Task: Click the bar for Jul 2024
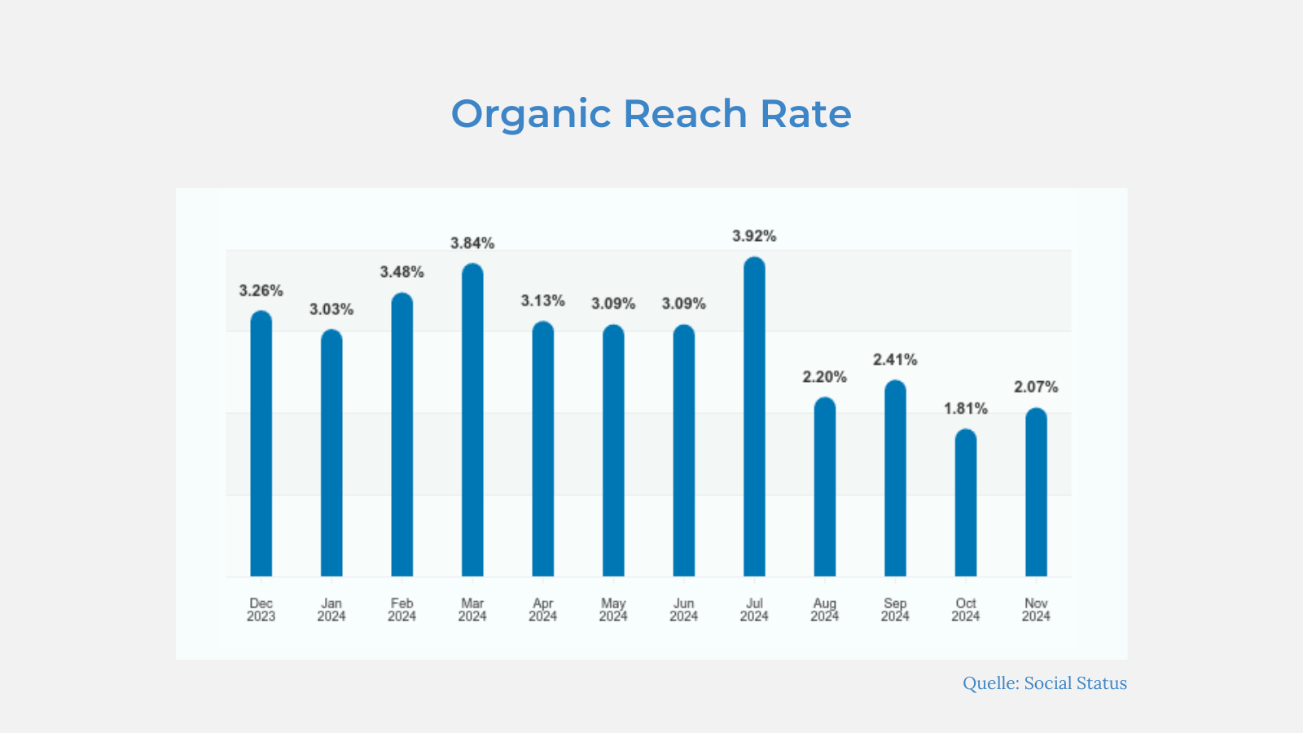click(754, 416)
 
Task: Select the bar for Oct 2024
click(966, 503)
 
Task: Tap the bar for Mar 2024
click(472, 420)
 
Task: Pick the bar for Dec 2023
click(261, 443)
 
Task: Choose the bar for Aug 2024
click(825, 487)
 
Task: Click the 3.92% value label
click(754, 236)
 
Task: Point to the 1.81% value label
click(966, 409)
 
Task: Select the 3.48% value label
click(402, 272)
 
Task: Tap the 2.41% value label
click(895, 360)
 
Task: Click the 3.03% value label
click(331, 309)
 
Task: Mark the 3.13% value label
click(542, 301)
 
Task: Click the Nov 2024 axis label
click(1036, 610)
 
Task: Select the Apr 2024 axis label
click(542, 610)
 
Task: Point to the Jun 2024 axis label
click(683, 610)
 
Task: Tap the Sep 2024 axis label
click(895, 610)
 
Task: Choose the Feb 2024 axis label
click(402, 610)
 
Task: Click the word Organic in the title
click(531, 116)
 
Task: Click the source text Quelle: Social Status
click(1045, 683)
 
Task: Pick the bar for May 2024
click(613, 450)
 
